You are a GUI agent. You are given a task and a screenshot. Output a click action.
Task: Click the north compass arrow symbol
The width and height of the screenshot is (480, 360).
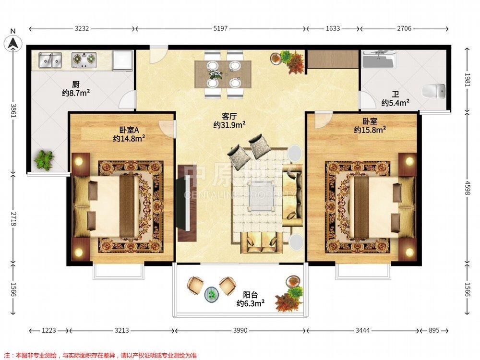[12, 42]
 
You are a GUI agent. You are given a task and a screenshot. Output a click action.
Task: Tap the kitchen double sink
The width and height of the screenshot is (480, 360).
[50, 60]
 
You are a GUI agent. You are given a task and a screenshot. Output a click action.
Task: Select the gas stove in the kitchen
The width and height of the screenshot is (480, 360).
[84, 60]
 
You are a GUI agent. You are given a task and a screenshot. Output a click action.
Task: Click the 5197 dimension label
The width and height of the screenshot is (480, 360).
[220, 28]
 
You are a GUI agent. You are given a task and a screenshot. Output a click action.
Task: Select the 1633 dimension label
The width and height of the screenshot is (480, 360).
[333, 28]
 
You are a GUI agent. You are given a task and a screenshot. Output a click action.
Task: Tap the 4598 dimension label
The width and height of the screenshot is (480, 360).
[467, 187]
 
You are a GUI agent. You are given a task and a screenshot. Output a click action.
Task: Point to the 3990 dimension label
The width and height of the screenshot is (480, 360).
[240, 331]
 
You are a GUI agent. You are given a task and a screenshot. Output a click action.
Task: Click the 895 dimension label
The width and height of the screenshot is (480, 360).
[434, 331]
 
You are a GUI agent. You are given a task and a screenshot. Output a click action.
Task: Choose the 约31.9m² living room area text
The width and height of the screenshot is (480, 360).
[229, 125]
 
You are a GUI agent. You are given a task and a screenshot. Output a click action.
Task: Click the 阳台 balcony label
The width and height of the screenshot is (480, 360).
[251, 295]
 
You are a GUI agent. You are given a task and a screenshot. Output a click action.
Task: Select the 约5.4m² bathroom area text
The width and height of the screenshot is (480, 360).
[396, 103]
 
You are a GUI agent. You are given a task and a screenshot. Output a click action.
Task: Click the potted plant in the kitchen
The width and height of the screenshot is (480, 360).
[44, 160]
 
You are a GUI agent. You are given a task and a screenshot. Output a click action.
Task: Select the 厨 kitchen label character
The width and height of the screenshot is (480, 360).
[76, 84]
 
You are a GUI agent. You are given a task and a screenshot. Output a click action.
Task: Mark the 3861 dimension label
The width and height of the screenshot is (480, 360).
[13, 111]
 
